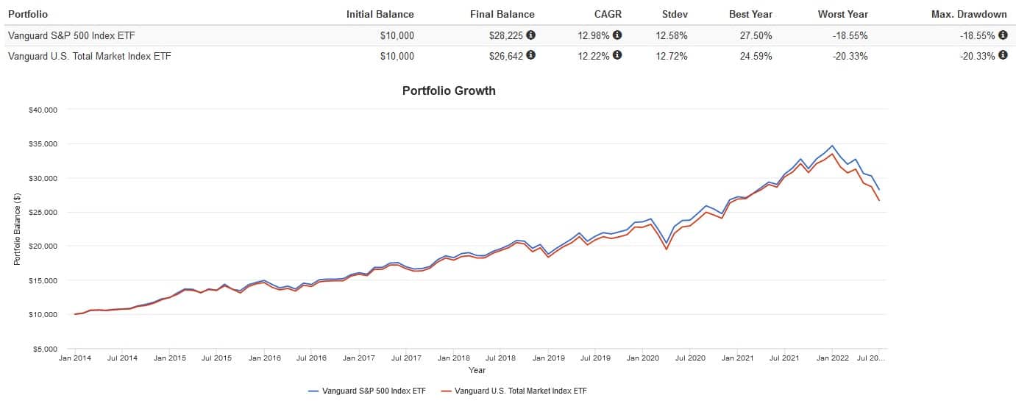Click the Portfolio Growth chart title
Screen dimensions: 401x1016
coord(449,91)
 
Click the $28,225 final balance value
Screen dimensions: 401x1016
coord(506,35)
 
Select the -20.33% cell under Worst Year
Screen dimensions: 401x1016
coord(852,56)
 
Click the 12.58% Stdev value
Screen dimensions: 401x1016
coord(672,35)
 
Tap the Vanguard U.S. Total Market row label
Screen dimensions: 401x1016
coord(89,56)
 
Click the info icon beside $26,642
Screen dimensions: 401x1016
coord(530,55)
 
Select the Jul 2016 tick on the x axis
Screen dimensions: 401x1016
coord(311,358)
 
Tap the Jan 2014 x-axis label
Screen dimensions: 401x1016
coord(74,358)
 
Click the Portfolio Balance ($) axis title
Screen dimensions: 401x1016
coord(17,230)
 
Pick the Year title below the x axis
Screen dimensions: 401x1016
coord(477,370)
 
